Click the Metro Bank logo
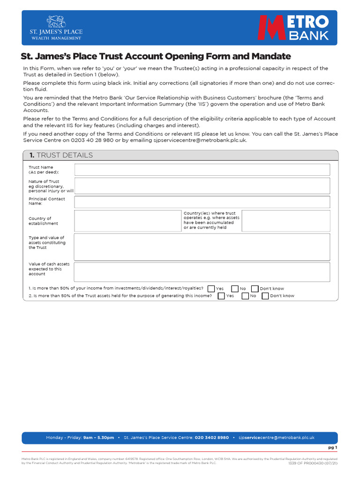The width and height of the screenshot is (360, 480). (294, 28)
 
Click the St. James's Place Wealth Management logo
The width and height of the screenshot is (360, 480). (56, 28)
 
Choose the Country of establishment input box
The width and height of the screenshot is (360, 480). (127, 221)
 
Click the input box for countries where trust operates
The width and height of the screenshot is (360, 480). (285, 221)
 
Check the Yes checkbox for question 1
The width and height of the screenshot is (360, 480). (211, 289)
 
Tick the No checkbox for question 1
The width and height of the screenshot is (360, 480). (235, 289)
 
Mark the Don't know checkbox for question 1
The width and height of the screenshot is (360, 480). (255, 289)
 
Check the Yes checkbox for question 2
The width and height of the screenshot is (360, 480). (221, 296)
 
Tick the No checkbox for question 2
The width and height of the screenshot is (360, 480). (245, 296)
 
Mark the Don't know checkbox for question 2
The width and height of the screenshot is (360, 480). (265, 296)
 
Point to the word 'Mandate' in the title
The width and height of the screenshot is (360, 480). (269, 57)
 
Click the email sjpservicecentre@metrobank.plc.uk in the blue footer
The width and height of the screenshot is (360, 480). (276, 437)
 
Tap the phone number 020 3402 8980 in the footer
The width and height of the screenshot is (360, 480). (212, 437)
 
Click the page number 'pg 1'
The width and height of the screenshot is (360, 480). (332, 448)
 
